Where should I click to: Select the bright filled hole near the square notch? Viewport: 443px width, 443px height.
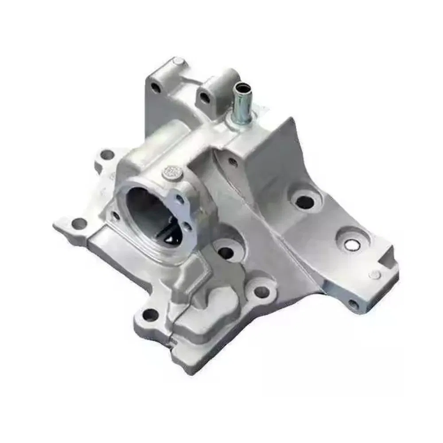355,243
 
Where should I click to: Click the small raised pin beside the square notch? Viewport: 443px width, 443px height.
375,275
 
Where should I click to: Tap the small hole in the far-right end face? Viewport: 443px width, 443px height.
353,305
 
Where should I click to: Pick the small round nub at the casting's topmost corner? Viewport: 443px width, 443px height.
177,61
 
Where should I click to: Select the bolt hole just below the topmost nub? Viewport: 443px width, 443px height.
155,88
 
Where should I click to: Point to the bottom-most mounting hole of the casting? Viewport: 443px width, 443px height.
150,315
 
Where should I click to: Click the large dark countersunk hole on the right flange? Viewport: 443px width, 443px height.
304,202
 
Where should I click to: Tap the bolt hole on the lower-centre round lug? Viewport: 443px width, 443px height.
261,291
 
